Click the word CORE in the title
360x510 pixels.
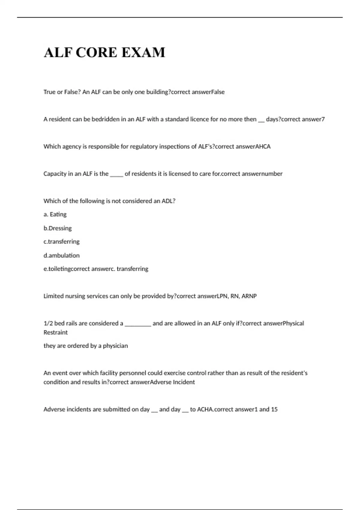coord(96,52)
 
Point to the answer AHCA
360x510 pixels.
coord(263,147)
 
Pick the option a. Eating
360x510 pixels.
coord(55,214)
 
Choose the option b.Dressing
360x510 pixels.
coord(58,228)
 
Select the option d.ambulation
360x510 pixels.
coord(61,256)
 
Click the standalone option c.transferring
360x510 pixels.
coord(61,242)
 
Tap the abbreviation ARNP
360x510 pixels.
coord(249,296)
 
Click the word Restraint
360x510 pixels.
coord(55,333)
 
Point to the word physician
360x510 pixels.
coord(115,346)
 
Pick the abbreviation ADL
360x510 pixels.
coord(168,201)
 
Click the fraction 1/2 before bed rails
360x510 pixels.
coord(48,323)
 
